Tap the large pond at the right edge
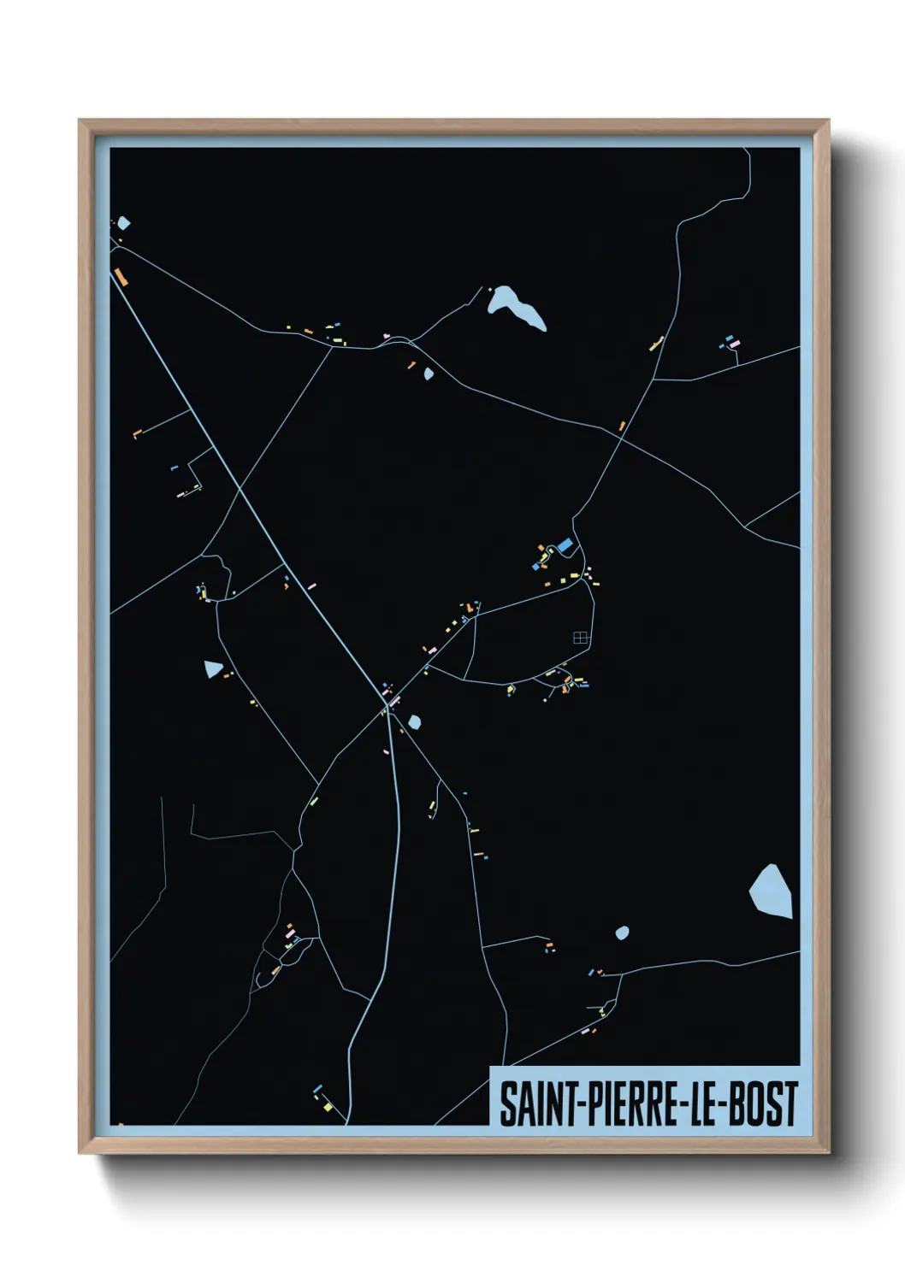coord(772,891)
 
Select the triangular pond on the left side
coord(212,668)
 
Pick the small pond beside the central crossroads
coord(415,722)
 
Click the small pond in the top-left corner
coord(124,223)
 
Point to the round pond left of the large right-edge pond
coord(622,933)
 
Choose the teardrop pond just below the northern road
coord(429,374)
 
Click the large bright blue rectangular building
coord(565,544)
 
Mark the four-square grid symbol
coord(581,637)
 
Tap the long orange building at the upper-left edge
coord(121,276)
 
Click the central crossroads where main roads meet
coord(387,707)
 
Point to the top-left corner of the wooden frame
coord(80,121)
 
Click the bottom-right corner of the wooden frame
coord(829,1153)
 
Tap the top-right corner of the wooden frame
coord(829,121)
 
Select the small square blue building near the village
coord(536,566)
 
